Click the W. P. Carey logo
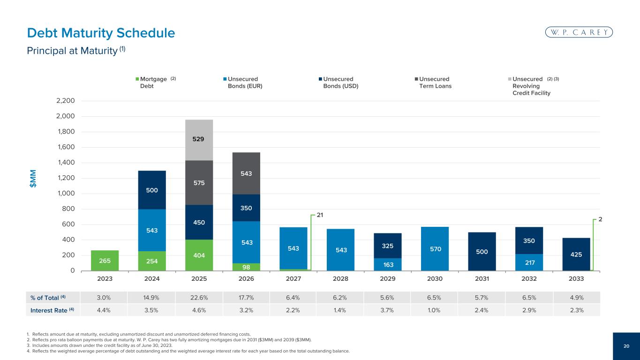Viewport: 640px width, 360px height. pyautogui.click(x=579, y=32)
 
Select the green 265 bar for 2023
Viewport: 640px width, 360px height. pyautogui.click(x=105, y=261)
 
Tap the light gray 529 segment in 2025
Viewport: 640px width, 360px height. pyautogui.click(x=199, y=140)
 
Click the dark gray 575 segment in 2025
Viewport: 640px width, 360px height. pyautogui.click(x=199, y=182)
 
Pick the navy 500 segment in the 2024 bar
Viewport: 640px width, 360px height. pyautogui.click(x=152, y=190)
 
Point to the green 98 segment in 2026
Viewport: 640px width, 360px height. pyautogui.click(x=246, y=267)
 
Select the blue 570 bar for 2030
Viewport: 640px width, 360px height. pyautogui.click(x=435, y=249)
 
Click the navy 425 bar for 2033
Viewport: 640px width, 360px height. pyautogui.click(x=576, y=254)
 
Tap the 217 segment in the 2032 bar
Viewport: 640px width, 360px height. pyautogui.click(x=529, y=262)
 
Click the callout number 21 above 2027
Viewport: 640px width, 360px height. pyautogui.click(x=320, y=215)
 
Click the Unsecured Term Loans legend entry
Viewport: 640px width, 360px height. pyautogui.click(x=433, y=82)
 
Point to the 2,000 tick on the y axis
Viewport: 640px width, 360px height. pyautogui.click(x=66, y=116)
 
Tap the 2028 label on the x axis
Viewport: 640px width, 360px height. pyautogui.click(x=340, y=278)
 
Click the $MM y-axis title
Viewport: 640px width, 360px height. pyautogui.click(x=33, y=179)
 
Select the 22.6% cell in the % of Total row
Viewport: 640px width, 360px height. pyautogui.click(x=199, y=298)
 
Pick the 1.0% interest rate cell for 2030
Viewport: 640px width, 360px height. pyautogui.click(x=434, y=310)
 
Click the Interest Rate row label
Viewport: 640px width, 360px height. pyautogui.click(x=52, y=310)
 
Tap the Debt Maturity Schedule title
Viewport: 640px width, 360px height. pyautogui.click(x=101, y=33)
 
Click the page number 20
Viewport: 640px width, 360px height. pyautogui.click(x=626, y=346)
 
